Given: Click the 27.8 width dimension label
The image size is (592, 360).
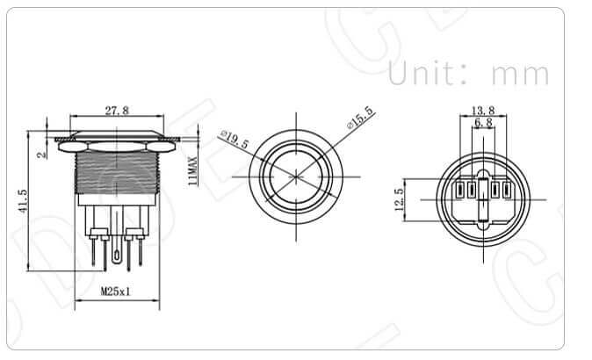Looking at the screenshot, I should pyautogui.click(x=118, y=111).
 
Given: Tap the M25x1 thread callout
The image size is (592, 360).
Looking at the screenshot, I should pyautogui.click(x=115, y=292).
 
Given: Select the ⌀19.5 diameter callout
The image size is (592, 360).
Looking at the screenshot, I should pyautogui.click(x=235, y=140).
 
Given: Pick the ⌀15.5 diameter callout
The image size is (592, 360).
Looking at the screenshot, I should pyautogui.click(x=360, y=117).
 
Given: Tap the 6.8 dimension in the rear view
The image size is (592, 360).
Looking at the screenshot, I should pyautogui.click(x=483, y=124).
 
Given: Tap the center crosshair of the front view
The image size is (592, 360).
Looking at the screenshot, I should pyautogui.click(x=294, y=175).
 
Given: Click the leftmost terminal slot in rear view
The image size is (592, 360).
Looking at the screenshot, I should pyautogui.click(x=459, y=191).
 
